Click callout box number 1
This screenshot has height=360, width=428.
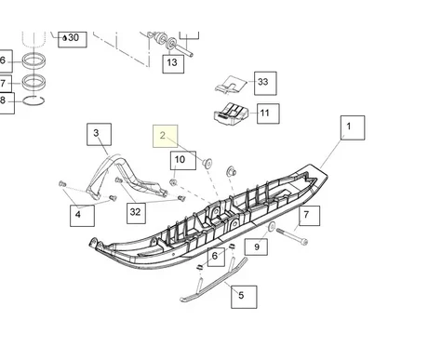coord(349,125)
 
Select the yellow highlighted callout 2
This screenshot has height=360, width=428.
coord(163,135)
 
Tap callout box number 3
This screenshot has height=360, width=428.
coord(97,135)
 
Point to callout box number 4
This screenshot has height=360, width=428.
coord(78,216)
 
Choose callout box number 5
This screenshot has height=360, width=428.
coord(241,297)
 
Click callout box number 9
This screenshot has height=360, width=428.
coord(256,247)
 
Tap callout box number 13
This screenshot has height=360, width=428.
coord(172,63)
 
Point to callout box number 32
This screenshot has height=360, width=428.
coord(136,212)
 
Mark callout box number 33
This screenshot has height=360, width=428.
coord(262,82)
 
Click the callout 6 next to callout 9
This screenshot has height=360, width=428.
coord(215,256)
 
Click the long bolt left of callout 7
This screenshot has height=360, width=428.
coord(289,234)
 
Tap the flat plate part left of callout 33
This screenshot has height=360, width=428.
coord(230,84)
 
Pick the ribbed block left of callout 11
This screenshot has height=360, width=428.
coord(231,115)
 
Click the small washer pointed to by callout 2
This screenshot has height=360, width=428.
coord(207,164)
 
